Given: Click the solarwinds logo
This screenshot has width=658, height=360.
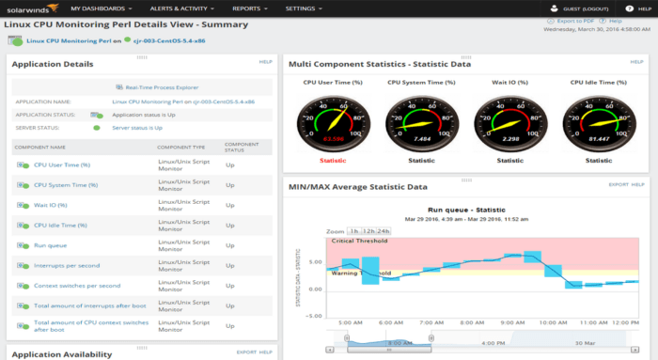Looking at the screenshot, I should coord(30,8).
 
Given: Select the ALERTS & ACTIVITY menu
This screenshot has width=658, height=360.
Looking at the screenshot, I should coord(179,8).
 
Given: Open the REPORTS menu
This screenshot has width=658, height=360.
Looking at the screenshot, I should coord(247,8).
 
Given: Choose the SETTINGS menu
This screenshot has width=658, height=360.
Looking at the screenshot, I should coord(302,8).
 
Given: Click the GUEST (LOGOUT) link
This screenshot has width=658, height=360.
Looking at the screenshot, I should coord(587,8).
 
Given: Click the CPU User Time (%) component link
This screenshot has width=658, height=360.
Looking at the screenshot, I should coord(61,165).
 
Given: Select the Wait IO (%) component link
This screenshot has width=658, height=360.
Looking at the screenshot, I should coord(51,205).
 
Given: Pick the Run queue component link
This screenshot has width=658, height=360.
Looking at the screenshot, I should coord(50,245).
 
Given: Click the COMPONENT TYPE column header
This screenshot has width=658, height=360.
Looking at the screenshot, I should coord(180,147).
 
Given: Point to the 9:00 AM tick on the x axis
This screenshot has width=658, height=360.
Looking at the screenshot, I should coord(513,321).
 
